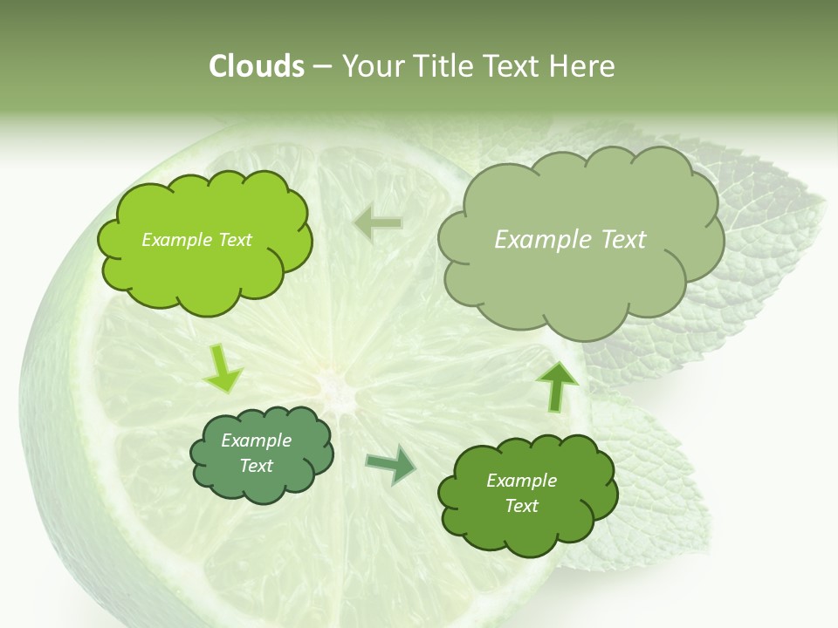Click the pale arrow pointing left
[378, 223]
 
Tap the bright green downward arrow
[223, 368]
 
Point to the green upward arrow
[556, 384]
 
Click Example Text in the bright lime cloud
[196, 240]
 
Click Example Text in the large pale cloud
[570, 240]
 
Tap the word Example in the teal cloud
[256, 441]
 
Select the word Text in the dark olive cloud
[521, 506]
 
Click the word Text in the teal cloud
[256, 466]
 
